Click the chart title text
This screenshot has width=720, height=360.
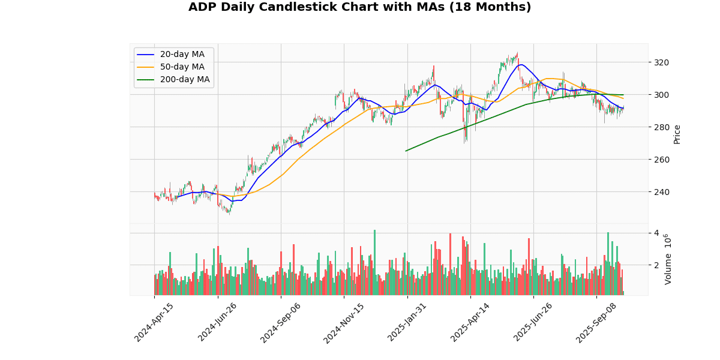point(359,7)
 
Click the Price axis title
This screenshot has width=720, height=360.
point(677,134)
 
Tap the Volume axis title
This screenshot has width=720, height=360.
point(668,260)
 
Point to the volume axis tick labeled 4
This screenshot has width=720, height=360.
point(656,233)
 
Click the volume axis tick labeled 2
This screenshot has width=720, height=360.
point(656,265)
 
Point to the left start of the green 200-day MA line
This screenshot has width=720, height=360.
point(406,151)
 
